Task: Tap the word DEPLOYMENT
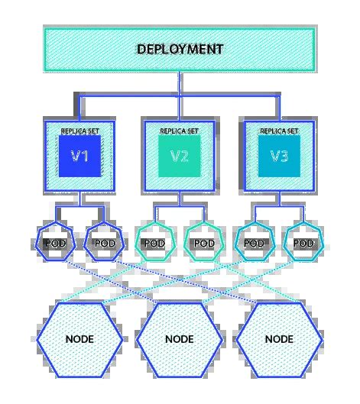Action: [x=180, y=49]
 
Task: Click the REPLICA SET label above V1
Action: [x=80, y=131]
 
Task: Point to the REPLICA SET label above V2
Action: [x=180, y=131]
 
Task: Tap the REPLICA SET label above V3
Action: [x=279, y=131]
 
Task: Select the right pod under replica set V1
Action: [x=105, y=243]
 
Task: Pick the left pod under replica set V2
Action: [x=155, y=243]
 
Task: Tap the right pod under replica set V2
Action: [x=204, y=243]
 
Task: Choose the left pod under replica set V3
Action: [x=255, y=243]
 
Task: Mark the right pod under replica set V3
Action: [x=303, y=243]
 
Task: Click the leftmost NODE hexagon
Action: [x=80, y=337]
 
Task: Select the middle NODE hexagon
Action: [x=180, y=337]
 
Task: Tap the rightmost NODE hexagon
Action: [x=279, y=337]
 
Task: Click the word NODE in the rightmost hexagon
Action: [x=279, y=337]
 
